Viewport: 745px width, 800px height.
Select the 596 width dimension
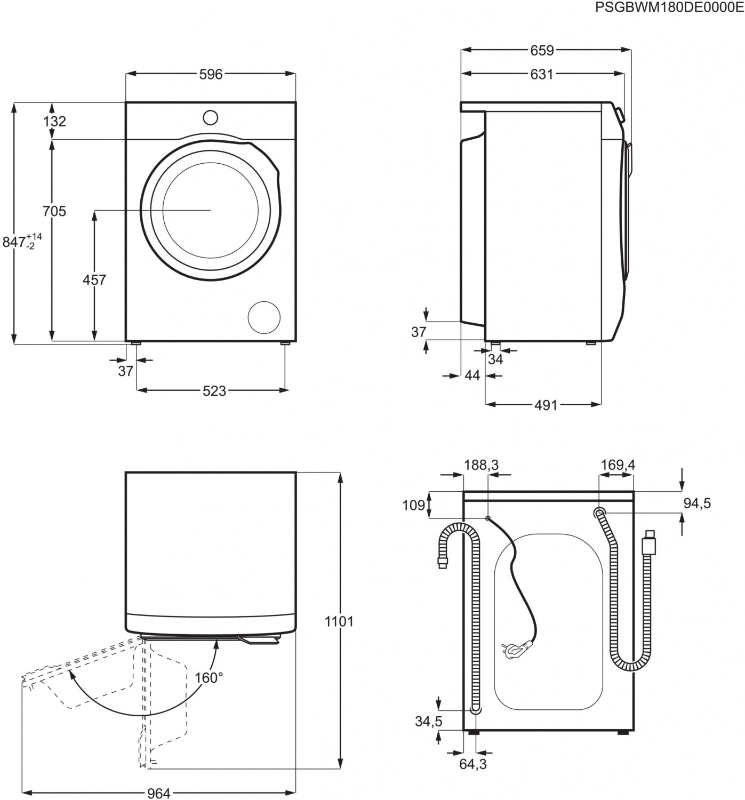click(x=211, y=75)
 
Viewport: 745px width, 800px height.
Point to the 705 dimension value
click(x=54, y=211)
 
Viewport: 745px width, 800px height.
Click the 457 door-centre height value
click(x=94, y=279)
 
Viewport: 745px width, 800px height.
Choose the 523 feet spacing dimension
click(x=214, y=391)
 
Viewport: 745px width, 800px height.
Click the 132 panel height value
click(x=54, y=121)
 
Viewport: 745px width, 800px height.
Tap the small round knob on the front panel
click(x=211, y=117)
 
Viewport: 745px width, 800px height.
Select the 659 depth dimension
click(x=542, y=50)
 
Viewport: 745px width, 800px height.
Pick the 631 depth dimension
click(x=542, y=75)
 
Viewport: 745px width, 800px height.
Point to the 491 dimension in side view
click(x=546, y=405)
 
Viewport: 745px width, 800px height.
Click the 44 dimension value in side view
click(x=472, y=375)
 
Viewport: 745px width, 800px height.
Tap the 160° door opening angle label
click(x=209, y=678)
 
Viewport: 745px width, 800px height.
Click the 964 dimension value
click(x=158, y=793)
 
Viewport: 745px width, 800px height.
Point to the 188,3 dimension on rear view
click(x=481, y=465)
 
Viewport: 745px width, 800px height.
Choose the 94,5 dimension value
click(x=697, y=503)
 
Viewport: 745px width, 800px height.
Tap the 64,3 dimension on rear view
click(x=473, y=764)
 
